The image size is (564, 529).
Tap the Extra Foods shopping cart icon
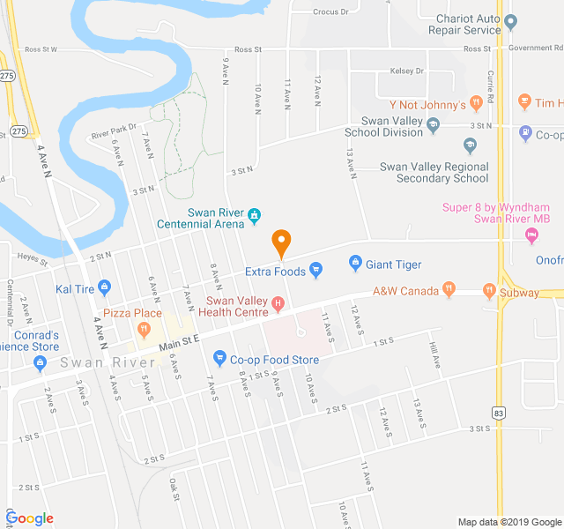pyautogui.click(x=316, y=272)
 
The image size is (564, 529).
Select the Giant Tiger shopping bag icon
pyautogui.click(x=355, y=264)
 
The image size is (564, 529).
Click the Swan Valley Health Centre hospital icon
pyautogui.click(x=278, y=305)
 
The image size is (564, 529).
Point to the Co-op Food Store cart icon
pyautogui.click(x=219, y=358)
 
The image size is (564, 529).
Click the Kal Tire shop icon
pyautogui.click(x=104, y=287)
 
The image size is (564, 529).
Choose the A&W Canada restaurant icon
pyautogui.click(x=449, y=288)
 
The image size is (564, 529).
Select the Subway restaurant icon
pyautogui.click(x=488, y=289)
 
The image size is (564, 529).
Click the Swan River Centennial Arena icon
pyautogui.click(x=254, y=213)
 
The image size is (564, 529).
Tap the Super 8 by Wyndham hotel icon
pyautogui.click(x=531, y=235)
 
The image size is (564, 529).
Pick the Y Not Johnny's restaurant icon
pyautogui.click(x=476, y=104)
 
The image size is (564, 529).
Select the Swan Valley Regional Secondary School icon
pyautogui.click(x=471, y=145)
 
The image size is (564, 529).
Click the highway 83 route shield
pyautogui.click(x=499, y=413)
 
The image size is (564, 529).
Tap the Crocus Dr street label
pyautogui.click(x=332, y=12)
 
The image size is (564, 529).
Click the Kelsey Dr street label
pyautogui.click(x=408, y=71)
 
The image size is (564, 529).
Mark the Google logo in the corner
pyautogui.click(x=30, y=518)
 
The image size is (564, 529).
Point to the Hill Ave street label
pyautogui.click(x=433, y=354)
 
